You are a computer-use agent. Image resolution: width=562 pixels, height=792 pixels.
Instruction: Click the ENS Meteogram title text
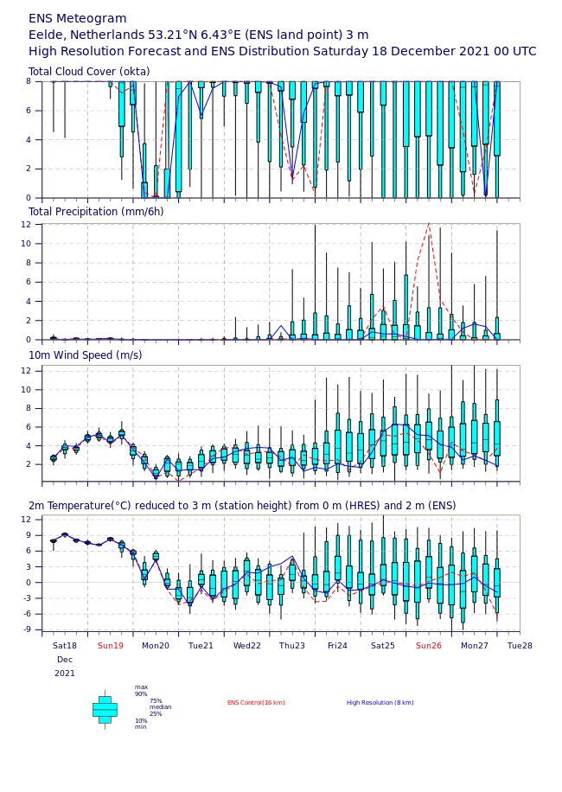click(77, 19)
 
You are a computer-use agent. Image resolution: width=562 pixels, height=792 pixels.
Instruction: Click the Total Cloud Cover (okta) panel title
click(89, 72)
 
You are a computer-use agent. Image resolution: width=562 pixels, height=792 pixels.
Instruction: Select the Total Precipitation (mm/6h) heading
click(96, 212)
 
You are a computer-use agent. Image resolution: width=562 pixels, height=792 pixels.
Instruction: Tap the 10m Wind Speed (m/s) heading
click(86, 355)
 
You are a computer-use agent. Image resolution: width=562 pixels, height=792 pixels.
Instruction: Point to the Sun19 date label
click(111, 646)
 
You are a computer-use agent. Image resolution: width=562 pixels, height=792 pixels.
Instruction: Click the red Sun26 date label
click(429, 646)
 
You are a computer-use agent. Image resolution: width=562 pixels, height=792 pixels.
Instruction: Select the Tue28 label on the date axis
click(520, 646)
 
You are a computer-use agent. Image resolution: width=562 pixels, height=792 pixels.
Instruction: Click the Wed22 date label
click(247, 646)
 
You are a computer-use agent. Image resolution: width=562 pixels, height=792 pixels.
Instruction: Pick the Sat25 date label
click(383, 646)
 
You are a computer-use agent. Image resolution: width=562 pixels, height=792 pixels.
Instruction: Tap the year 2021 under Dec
click(65, 674)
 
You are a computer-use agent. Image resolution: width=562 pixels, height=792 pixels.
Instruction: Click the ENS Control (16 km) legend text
click(256, 703)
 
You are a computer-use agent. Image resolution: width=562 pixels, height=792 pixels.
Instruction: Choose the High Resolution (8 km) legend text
click(380, 703)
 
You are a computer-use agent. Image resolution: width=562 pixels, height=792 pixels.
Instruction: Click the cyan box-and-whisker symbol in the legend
click(105, 710)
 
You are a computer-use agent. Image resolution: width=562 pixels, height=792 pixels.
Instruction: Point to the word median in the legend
click(161, 707)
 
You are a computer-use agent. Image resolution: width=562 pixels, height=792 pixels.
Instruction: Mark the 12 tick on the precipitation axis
click(26, 224)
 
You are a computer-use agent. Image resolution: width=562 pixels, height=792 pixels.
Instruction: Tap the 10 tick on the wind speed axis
click(26, 389)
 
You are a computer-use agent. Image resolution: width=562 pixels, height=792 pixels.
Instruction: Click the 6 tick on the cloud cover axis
click(29, 111)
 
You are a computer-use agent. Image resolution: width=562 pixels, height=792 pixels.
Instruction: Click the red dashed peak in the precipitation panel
click(429, 223)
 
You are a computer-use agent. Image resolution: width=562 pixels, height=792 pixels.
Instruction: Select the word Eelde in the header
click(48, 35)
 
